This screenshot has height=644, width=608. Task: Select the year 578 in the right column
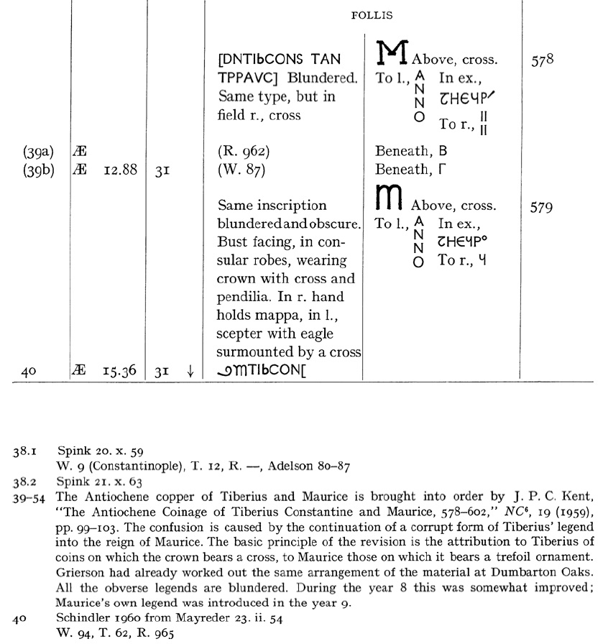click(x=542, y=60)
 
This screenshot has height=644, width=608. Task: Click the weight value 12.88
click(x=120, y=170)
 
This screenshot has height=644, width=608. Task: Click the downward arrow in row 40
click(x=190, y=371)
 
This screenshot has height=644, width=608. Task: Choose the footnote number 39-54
click(x=28, y=495)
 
